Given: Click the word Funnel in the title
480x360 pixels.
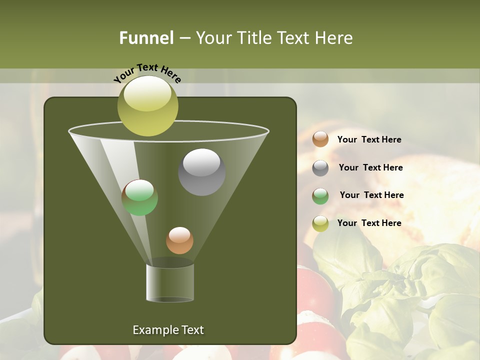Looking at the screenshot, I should click(x=146, y=38).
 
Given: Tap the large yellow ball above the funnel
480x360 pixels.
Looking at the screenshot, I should click(x=147, y=105).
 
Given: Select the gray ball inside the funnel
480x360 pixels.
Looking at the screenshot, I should click(x=201, y=172).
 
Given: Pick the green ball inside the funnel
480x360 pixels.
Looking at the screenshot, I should click(x=139, y=197).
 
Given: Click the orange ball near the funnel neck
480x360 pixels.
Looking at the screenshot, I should click(x=179, y=240).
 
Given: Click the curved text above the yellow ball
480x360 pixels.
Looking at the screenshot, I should click(x=147, y=72).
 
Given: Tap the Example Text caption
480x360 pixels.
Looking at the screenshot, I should click(x=168, y=330).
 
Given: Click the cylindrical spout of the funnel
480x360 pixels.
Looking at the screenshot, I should click(x=170, y=282).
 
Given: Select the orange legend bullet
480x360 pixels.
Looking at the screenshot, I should click(x=320, y=139).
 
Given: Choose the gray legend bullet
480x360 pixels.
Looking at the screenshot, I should click(x=320, y=167).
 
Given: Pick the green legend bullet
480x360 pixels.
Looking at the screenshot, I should click(x=320, y=195).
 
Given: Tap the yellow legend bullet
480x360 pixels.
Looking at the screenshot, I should click(x=320, y=223).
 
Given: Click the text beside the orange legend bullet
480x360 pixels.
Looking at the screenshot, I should click(x=369, y=140).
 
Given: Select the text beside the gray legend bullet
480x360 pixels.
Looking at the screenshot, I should click(x=370, y=168).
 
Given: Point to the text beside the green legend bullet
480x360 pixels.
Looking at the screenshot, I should click(x=371, y=195).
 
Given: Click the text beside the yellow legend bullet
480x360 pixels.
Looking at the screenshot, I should click(x=369, y=223).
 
